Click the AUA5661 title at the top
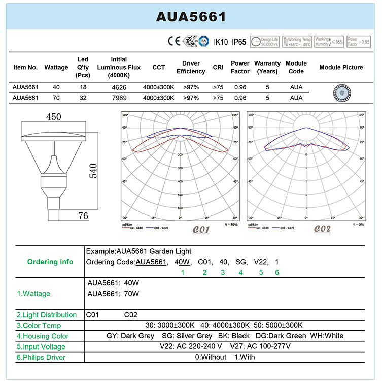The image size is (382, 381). click(190, 17)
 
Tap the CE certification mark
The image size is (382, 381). click(174, 42)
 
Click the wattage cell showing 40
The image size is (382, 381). click(56, 87)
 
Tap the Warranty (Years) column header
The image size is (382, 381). click(267, 67)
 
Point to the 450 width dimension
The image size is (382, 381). click(53, 117)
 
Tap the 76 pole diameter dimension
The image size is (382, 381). click(83, 216)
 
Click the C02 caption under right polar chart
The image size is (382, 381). click(322, 229)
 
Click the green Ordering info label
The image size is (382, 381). click(50, 262)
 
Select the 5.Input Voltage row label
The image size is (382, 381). click(41, 346)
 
